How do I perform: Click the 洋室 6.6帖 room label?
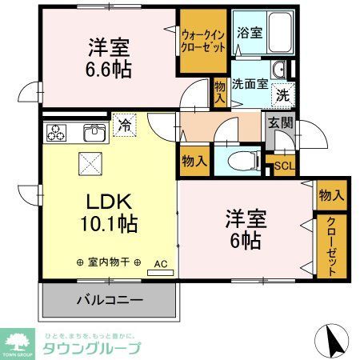coord(109,58)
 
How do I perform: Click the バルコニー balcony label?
coord(110,302)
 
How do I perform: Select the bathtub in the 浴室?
coord(275,33)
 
